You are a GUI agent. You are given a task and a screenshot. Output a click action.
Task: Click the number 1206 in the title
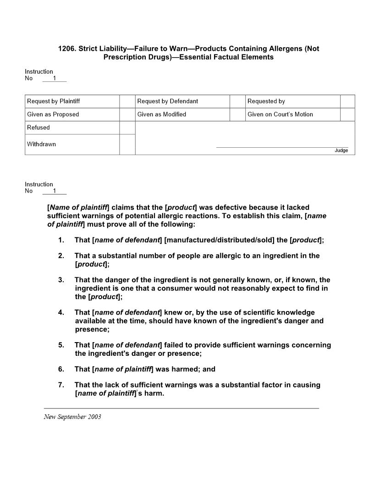click(66, 48)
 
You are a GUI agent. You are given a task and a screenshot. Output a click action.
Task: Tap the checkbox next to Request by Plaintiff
click(127, 101)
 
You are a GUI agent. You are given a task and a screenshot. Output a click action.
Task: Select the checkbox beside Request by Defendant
click(237, 101)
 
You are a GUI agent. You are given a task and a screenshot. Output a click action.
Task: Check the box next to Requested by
click(347, 101)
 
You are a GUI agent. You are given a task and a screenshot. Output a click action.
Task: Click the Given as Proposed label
click(53, 114)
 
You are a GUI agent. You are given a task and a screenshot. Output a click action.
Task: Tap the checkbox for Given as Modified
click(237, 114)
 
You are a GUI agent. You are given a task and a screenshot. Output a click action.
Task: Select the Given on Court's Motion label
click(280, 114)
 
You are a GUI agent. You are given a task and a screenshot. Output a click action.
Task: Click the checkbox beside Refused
click(127, 128)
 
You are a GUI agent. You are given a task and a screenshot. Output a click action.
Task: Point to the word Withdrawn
click(41, 144)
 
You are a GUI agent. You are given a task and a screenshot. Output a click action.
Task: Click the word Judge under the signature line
click(341, 150)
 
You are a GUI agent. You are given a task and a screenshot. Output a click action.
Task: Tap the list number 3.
click(61, 280)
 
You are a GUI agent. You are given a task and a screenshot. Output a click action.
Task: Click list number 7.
click(61, 385)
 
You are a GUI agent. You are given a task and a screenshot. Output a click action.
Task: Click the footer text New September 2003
click(72, 417)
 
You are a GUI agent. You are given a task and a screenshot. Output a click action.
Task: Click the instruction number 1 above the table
click(54, 78)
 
